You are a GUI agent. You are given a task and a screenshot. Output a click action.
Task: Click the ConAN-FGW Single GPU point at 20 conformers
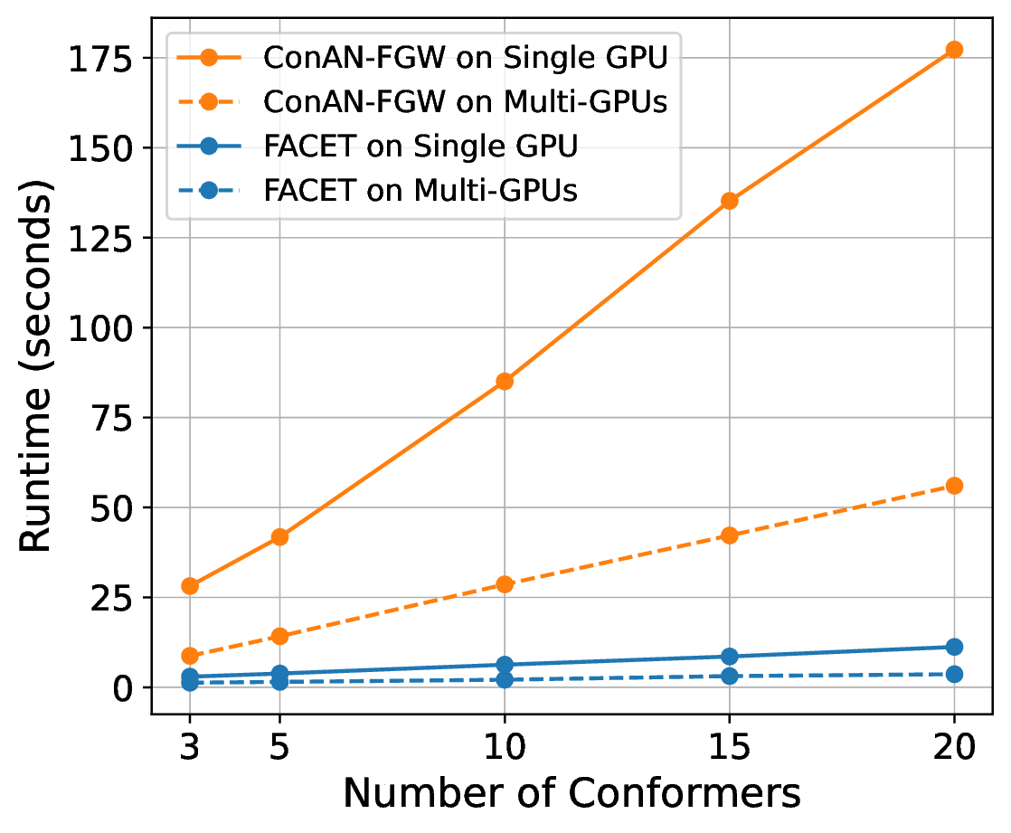(x=954, y=50)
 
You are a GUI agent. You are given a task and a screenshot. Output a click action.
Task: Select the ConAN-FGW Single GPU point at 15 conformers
(x=729, y=201)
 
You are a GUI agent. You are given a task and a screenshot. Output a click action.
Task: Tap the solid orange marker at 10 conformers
(x=505, y=382)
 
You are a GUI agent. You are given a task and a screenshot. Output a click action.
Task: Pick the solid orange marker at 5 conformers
(x=279, y=537)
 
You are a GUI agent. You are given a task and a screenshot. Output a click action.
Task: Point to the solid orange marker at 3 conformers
(x=190, y=586)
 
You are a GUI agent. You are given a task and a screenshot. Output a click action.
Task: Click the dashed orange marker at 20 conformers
(x=954, y=486)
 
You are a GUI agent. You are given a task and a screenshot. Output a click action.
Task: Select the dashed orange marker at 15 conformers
(x=729, y=535)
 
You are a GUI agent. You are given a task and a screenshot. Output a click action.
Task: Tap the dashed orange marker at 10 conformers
(x=505, y=585)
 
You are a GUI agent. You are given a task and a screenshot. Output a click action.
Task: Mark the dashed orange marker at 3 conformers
(x=190, y=657)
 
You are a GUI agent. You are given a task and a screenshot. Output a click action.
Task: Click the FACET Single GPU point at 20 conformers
(x=954, y=647)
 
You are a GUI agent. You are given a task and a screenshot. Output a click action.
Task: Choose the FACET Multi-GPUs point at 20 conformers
(x=954, y=675)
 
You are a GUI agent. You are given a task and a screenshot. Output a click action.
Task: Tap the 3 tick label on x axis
(x=190, y=747)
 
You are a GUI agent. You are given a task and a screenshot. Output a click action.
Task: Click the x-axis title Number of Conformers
(x=572, y=793)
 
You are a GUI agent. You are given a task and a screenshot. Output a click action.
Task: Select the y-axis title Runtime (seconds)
(x=35, y=364)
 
